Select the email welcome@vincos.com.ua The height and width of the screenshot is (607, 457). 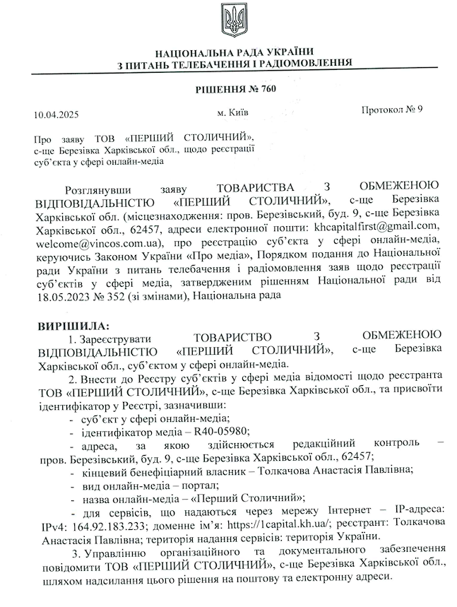point(98,241)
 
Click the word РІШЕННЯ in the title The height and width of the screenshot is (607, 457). point(219,89)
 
